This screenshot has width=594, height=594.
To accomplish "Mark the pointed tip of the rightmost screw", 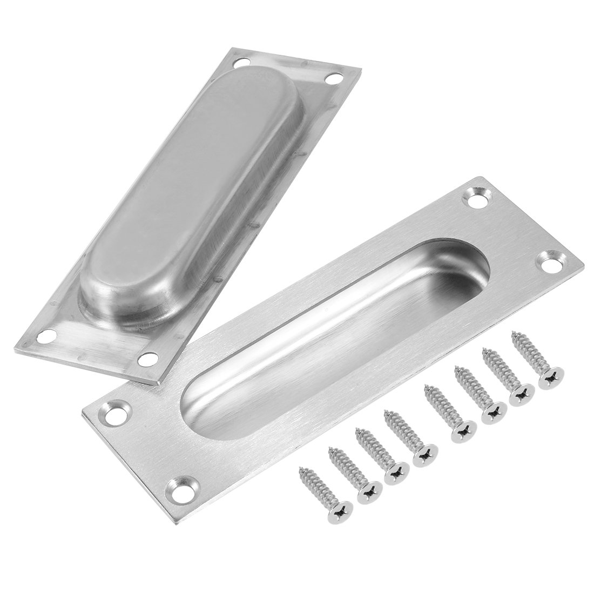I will (x=514, y=337).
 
